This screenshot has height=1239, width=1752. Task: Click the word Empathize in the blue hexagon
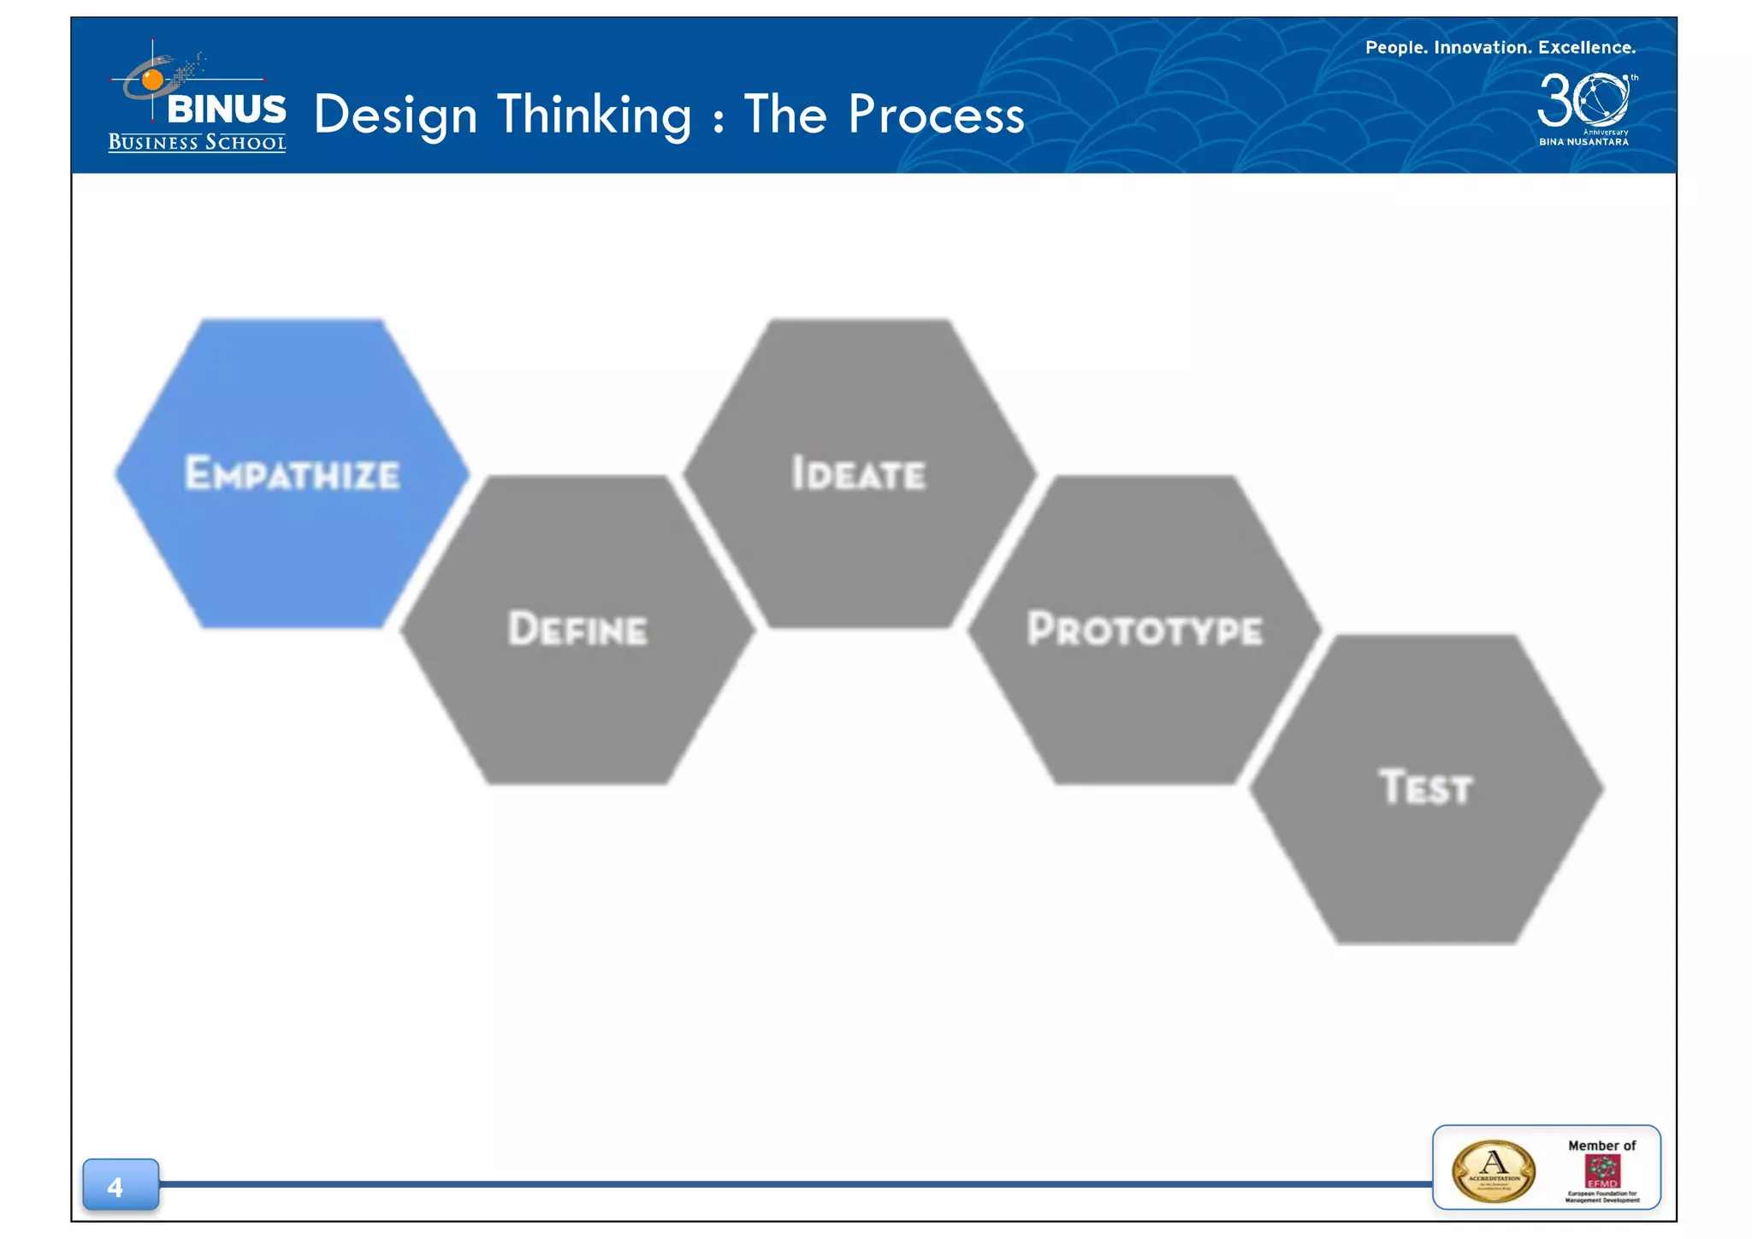coord(292,473)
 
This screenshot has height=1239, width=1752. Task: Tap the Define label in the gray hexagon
coord(577,629)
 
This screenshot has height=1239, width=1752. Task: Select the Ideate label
coord(858,473)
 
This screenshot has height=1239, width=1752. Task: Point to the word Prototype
coord(1144,629)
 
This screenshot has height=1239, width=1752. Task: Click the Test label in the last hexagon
coord(1425,787)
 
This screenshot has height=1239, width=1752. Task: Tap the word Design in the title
coord(395,115)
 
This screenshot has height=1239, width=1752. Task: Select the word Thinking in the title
coord(594,115)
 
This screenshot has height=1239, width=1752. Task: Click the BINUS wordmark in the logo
coord(227,109)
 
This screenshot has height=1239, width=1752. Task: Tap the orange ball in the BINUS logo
coord(152,80)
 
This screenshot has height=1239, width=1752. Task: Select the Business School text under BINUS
coord(197,143)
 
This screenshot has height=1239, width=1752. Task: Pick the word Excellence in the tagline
coord(1586,48)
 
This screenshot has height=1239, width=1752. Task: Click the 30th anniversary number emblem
coord(1583,100)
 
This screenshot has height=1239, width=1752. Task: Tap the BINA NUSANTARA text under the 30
coord(1583,142)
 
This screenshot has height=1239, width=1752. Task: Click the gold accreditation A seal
coord(1493,1171)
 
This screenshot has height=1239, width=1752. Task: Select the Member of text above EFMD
coord(1601,1145)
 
